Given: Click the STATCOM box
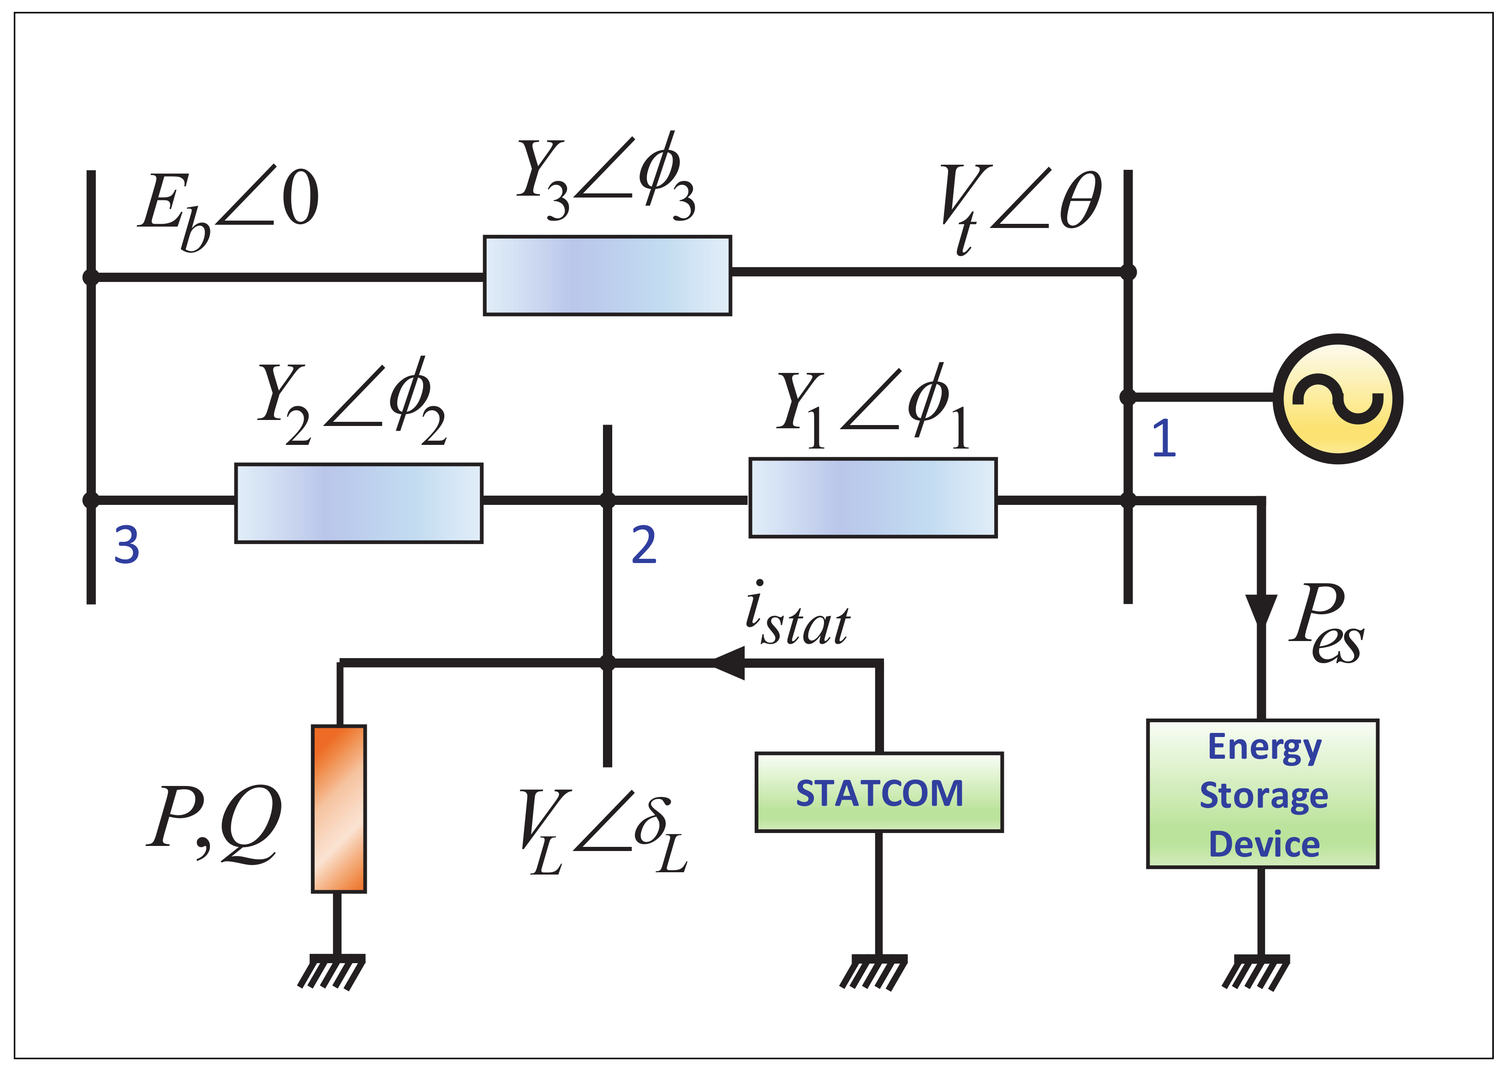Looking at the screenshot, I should point(878,792).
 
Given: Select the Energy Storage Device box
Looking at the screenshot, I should point(1262,793).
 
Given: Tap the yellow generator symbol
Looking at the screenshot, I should point(1337,399).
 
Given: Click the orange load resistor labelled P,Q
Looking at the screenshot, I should point(339,809).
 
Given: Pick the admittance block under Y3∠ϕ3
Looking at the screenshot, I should point(607,275).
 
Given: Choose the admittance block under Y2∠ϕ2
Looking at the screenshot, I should point(358,503).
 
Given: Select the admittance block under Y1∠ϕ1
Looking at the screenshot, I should point(872,497).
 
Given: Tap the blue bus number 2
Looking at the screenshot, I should point(644,545).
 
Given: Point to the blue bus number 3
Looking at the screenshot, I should point(126,545).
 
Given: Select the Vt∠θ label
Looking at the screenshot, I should point(1021,206).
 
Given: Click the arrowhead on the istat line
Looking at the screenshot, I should point(728,662).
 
